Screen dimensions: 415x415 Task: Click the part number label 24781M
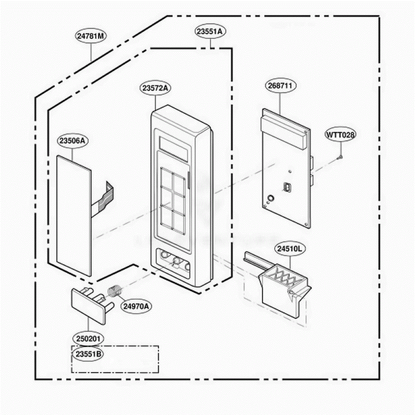[x=91, y=36]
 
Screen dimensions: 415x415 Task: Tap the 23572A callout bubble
[x=156, y=88]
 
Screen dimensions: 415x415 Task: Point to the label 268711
[x=280, y=85]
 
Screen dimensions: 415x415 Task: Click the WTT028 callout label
[x=341, y=135]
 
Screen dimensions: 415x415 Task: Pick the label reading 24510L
[x=290, y=249]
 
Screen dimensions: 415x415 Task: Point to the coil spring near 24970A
[x=115, y=291]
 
